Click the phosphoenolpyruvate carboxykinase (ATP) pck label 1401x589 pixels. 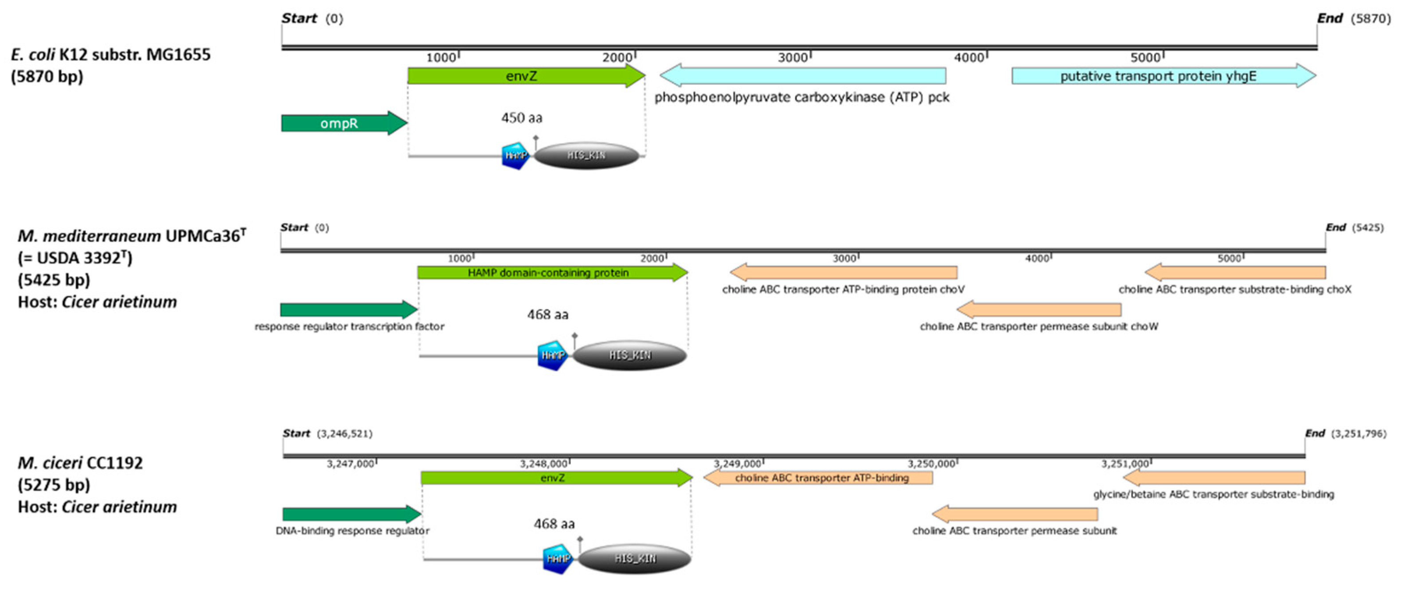[x=802, y=98]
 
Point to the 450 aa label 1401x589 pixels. [x=522, y=118]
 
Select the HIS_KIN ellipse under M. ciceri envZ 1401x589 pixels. [x=635, y=558]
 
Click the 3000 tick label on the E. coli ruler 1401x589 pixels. [x=793, y=58]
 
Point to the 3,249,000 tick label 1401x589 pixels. [x=737, y=464]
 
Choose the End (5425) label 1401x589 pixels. [x=1354, y=228]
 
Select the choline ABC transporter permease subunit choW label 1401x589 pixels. [x=1038, y=326]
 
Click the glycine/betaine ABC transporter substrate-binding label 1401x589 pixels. [x=1214, y=494]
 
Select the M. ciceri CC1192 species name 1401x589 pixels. [x=81, y=463]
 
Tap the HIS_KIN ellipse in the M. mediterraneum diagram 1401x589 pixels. [x=630, y=355]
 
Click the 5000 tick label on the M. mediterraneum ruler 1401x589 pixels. [x=1229, y=259]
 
